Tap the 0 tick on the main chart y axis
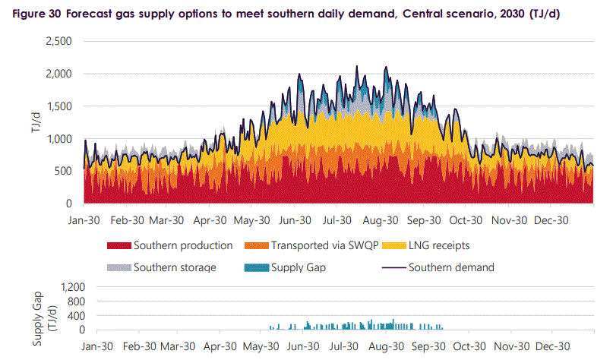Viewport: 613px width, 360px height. click(x=68, y=204)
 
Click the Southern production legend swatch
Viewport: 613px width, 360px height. click(x=118, y=246)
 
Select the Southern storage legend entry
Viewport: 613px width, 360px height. click(x=174, y=267)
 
